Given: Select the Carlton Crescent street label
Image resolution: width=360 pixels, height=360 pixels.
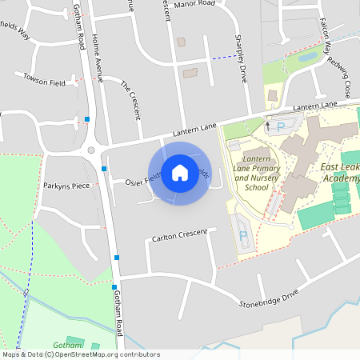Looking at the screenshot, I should tap(179, 236).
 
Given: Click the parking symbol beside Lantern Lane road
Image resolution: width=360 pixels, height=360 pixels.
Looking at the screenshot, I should tap(281, 126).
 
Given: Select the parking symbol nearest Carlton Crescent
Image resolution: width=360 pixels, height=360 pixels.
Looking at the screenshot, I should tap(242, 238).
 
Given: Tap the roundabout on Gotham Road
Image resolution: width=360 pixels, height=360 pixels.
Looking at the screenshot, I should tap(90, 150).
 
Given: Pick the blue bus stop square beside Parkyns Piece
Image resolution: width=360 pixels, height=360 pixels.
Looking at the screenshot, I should tap(104, 168).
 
